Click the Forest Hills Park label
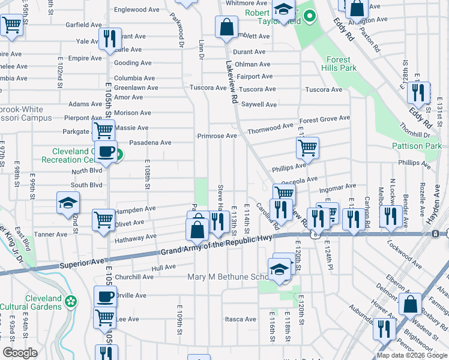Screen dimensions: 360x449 [x=341, y=64]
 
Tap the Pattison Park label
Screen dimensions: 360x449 [x=424, y=146]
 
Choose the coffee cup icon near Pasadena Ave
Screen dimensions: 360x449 [x=107, y=152]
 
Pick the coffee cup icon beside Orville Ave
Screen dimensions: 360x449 [x=106, y=296]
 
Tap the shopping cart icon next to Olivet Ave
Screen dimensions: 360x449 [x=103, y=220]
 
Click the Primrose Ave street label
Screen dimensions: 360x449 [x=217, y=136]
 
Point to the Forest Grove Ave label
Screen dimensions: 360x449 [x=325, y=119]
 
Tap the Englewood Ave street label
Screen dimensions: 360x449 [x=137, y=10]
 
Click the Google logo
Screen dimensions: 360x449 [x=20, y=353]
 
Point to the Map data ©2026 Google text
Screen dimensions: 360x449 [x=411, y=355]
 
